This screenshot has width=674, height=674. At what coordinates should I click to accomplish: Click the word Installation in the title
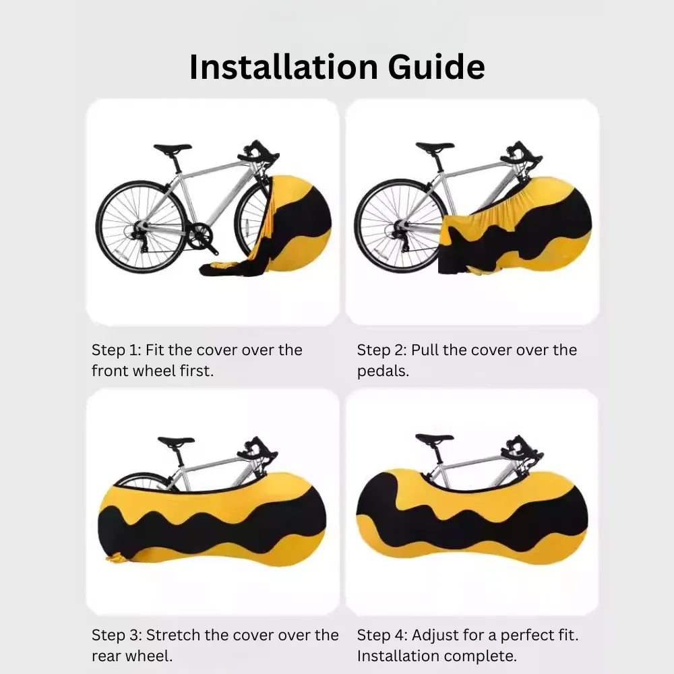coord(284,67)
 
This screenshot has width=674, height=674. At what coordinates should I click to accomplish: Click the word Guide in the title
coord(436,67)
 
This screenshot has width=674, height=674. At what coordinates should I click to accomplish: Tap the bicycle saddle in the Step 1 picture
coord(173,148)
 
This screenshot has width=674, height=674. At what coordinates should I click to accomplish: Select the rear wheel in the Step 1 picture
coord(142,226)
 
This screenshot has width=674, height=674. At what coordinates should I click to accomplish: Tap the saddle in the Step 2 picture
coord(435,146)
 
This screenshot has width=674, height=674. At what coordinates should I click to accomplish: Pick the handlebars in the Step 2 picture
coord(520,154)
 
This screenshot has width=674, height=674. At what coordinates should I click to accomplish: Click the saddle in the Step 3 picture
coord(176,441)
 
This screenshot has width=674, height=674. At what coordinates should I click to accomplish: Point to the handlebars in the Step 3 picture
coord(257,450)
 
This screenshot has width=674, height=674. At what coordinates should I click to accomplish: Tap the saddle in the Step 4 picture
coord(435,438)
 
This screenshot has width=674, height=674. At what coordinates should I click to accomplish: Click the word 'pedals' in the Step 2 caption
coord(381,371)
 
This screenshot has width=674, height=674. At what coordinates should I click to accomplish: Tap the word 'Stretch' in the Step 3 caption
coord(173,635)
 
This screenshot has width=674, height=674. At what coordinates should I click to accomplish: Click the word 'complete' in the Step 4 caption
coord(480,656)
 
